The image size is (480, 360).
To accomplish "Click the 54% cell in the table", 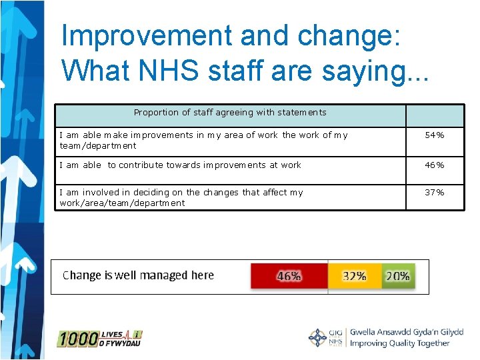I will pos(435,135).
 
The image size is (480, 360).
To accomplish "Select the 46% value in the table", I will pos(435,165).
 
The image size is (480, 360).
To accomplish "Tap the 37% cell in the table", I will pos(435,193).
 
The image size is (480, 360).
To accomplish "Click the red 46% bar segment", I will pos(289,275).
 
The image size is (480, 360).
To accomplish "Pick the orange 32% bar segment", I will pos(354,275).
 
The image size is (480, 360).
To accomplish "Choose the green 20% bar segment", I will pos(397,275).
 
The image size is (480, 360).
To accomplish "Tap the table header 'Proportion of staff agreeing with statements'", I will pos(230,113).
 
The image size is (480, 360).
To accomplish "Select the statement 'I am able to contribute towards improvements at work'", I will pos(181,165).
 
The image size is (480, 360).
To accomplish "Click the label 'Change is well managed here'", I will pos(138,275).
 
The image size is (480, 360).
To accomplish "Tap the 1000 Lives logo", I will pos(99,339).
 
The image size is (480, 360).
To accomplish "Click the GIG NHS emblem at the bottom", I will pos(326,338).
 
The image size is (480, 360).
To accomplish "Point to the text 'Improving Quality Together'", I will pos(399,344).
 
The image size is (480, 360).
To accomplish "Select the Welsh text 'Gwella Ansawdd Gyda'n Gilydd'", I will pos(406,332).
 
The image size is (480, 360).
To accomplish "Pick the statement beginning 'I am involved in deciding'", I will pos(181,197).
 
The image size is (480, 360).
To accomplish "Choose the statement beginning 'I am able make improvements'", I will pos(204,140).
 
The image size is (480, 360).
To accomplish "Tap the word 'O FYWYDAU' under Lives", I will pos(121,343).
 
